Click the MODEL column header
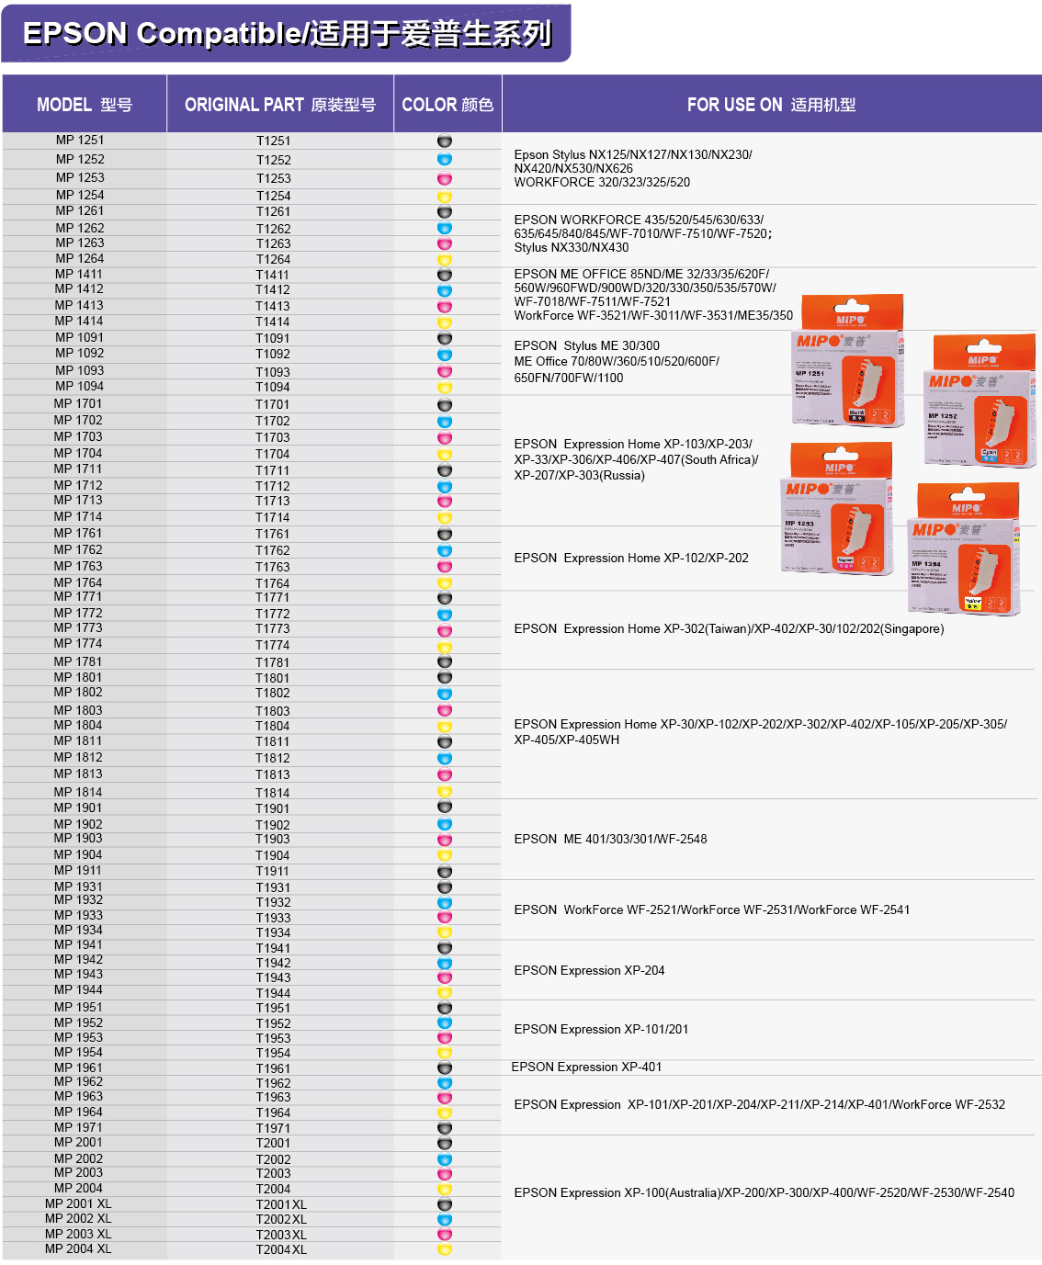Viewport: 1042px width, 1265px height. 84,105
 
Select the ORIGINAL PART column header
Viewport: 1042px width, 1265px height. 279,105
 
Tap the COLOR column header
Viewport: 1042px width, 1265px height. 447,105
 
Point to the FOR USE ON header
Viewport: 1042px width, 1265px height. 771,105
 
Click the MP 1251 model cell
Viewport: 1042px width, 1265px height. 80,141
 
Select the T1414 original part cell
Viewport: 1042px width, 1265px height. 273,322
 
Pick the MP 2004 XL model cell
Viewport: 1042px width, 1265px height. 78,1249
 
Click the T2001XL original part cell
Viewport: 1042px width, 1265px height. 281,1204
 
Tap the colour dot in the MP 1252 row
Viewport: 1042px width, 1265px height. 445,160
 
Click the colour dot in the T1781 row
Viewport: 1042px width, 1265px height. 445,662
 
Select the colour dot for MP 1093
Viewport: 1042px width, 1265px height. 445,371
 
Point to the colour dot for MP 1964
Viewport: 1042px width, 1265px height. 445,1113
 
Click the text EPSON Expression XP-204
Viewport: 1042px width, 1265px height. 589,970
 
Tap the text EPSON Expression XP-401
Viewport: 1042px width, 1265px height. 586,1067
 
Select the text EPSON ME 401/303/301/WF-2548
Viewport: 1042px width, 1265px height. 610,839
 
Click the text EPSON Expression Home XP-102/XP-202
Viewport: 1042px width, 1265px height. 631,558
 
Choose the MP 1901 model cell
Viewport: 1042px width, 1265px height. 78,808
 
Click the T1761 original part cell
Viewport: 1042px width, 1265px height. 273,534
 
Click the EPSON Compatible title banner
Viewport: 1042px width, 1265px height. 287,34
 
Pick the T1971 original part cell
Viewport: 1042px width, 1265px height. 273,1128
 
